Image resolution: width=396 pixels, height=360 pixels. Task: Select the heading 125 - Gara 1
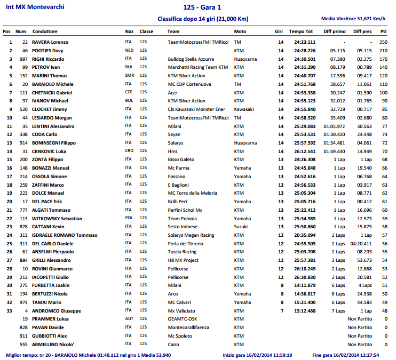coord(202,8)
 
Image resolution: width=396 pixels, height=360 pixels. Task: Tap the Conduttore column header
coord(45,31)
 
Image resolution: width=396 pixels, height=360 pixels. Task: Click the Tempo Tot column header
coord(302,31)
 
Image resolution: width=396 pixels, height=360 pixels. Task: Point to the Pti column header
coord(383,31)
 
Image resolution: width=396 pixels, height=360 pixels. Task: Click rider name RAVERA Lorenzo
coord(50,42)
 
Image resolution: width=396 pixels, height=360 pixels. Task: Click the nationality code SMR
coord(129,76)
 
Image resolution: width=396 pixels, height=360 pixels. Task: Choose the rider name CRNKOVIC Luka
coord(49,151)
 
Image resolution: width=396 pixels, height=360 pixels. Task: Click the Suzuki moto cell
coord(241,227)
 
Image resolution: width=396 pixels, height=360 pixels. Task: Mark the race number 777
coord(23,210)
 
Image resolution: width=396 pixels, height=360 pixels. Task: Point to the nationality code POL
coord(129,218)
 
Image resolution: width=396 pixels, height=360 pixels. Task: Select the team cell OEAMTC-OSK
coord(183,319)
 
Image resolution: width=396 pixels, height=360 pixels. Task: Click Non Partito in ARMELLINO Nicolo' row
coord(360,344)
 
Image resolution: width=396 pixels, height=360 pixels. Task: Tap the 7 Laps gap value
coord(338,310)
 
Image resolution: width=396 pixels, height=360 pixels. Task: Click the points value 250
coord(383,42)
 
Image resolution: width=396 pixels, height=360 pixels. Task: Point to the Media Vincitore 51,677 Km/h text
coord(353,19)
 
